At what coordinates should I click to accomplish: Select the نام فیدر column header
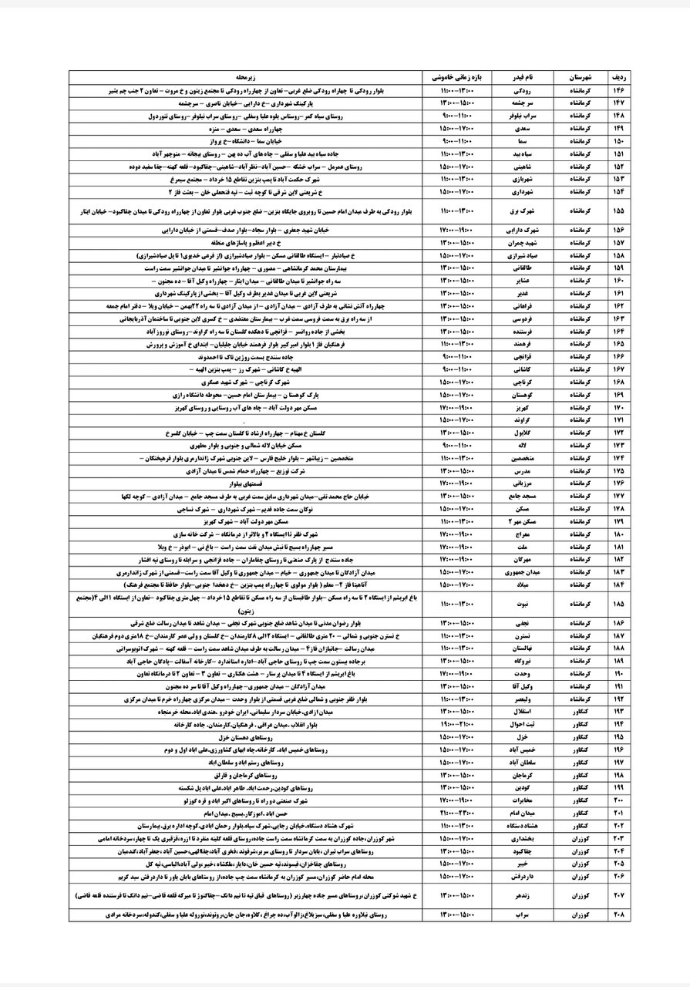tap(523, 79)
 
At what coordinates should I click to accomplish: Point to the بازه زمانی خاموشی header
tap(457, 79)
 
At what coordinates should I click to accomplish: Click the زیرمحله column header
tap(245, 79)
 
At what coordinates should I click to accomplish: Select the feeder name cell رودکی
tap(523, 91)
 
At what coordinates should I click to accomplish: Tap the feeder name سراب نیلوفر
tap(523, 116)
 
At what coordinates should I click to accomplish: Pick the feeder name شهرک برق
tap(523, 210)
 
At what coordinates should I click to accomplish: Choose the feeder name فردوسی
tap(523, 318)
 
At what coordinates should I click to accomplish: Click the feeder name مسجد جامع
tap(523, 498)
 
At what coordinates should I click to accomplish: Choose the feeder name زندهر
tap(523, 897)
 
